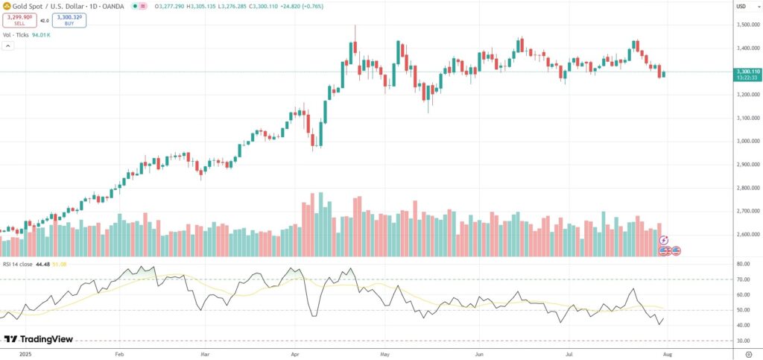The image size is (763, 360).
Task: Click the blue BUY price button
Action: click(x=69, y=21)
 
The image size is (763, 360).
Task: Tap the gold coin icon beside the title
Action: click(x=7, y=6)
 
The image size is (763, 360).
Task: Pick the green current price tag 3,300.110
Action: click(x=746, y=72)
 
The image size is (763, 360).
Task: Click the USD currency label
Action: click(x=741, y=7)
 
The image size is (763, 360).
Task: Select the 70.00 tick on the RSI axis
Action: click(x=743, y=280)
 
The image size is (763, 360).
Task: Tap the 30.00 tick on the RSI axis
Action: click(x=743, y=341)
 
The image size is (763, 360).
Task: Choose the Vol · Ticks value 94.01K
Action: click(x=41, y=34)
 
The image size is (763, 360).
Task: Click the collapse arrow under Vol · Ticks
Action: click(x=8, y=46)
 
